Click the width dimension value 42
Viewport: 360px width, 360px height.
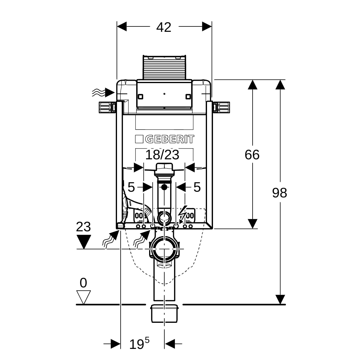(164, 28)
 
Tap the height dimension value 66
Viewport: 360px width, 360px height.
(252, 155)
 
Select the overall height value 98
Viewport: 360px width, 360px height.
(280, 193)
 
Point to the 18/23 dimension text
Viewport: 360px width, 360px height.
(162, 155)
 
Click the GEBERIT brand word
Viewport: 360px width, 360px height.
(169, 139)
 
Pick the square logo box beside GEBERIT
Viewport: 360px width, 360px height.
(139, 139)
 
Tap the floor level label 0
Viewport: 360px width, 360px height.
(83, 283)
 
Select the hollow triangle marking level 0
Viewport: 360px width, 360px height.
(83, 297)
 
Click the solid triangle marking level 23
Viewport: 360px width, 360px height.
(84, 242)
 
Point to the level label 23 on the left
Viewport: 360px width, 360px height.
(83, 227)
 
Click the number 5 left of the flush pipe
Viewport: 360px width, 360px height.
(131, 187)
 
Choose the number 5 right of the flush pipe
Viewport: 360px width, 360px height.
(197, 187)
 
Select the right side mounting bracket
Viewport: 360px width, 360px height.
(222, 107)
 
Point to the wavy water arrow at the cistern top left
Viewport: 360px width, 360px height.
(103, 92)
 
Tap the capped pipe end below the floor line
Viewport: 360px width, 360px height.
(164, 316)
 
